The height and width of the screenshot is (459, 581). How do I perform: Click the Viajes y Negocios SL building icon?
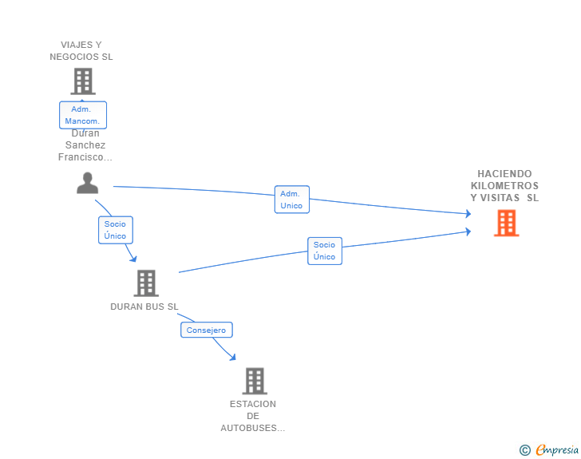click(83, 81)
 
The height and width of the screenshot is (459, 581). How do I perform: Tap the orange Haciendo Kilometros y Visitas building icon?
click(506, 223)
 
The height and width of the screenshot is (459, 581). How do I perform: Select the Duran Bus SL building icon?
click(145, 283)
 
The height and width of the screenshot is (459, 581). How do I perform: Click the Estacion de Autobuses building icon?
click(254, 381)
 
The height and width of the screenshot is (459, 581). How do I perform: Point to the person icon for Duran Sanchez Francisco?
click(88, 183)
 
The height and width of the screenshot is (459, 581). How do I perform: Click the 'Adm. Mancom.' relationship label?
click(82, 115)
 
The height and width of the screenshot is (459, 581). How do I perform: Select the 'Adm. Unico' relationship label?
click(291, 200)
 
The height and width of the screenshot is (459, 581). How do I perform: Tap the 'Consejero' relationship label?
click(206, 330)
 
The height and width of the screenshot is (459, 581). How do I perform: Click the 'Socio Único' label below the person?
click(115, 230)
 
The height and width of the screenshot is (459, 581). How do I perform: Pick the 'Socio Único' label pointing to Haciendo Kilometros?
click(324, 251)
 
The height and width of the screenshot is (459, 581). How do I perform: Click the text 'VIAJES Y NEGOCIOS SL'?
click(81, 51)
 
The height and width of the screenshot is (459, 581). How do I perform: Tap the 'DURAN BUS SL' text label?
click(144, 307)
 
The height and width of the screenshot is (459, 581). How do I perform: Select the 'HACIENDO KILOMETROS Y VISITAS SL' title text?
click(504, 186)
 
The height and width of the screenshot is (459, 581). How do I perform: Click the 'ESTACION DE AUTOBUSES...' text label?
click(253, 416)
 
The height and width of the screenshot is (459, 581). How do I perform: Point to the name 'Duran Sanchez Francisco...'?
click(85, 145)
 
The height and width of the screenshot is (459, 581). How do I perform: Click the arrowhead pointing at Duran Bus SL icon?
click(133, 258)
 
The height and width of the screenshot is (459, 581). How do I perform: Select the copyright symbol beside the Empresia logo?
click(524, 450)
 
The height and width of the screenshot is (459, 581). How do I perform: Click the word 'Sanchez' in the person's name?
click(85, 145)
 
